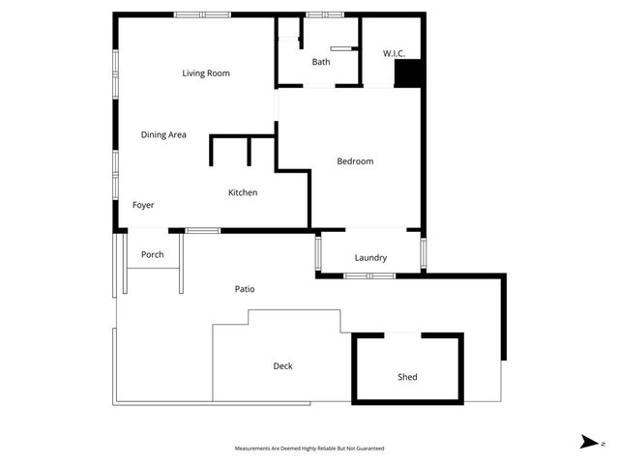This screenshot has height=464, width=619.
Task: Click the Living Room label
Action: (x=205, y=73)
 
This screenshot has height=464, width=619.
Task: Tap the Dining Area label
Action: (x=163, y=135)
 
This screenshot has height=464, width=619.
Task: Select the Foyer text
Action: (x=143, y=205)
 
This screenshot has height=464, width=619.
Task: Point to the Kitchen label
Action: (x=243, y=193)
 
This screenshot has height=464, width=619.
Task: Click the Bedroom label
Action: (x=355, y=161)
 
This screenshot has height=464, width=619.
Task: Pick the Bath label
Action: (x=321, y=63)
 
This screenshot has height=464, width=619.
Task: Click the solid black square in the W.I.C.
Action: (x=410, y=74)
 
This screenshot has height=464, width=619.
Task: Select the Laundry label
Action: (x=370, y=258)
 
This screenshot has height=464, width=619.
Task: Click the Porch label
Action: (x=152, y=255)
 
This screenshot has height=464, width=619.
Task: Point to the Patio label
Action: (x=245, y=289)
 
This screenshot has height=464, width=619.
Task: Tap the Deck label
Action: (x=282, y=366)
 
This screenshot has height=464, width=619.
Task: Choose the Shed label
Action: (x=407, y=377)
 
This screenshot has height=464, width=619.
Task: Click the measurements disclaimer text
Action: (x=309, y=449)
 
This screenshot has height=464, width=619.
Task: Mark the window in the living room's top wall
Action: (x=203, y=14)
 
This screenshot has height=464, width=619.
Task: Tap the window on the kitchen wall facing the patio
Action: (x=202, y=230)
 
